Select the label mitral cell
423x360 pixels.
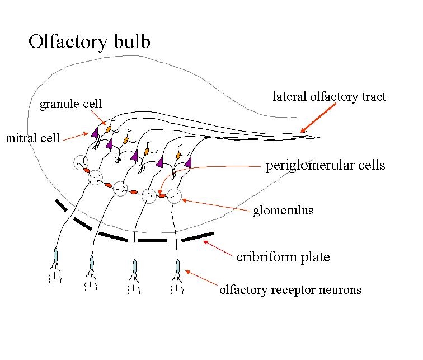click(32, 138)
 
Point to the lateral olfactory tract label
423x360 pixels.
click(329, 97)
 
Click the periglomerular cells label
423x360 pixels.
click(325, 166)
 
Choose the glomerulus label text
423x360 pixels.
click(283, 211)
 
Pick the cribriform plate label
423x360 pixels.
click(283, 257)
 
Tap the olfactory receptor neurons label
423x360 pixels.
click(290, 290)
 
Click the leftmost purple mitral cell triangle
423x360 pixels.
click(95, 132)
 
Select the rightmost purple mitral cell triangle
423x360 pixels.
click(188, 162)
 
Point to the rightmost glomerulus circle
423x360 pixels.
click(174, 196)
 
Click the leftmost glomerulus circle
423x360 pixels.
click(80, 163)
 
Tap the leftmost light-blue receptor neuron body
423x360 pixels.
click(55, 255)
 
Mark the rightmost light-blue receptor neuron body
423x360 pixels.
click(177, 265)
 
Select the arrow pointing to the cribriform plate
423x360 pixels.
click(217, 249)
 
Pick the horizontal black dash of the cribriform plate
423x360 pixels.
click(152, 241)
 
